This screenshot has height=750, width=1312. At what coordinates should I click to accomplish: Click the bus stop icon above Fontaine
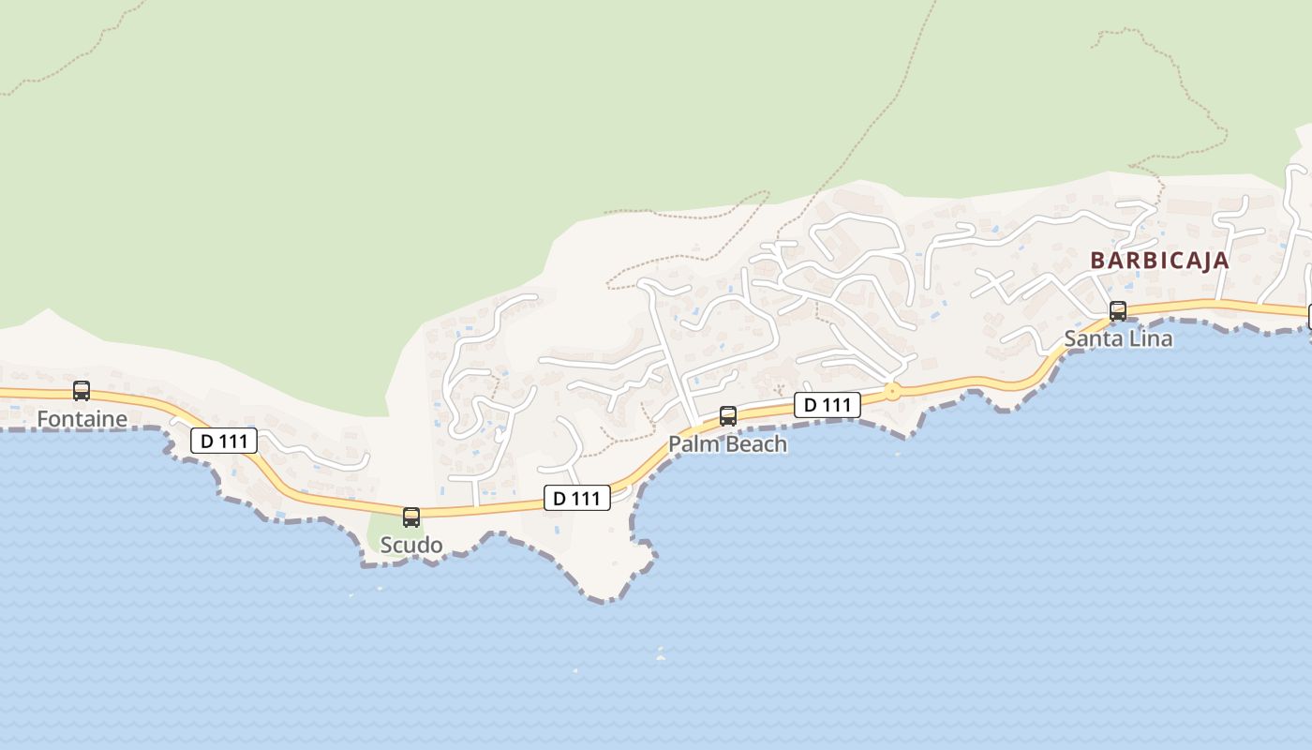click(82, 391)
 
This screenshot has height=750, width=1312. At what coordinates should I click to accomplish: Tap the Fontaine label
click(82, 419)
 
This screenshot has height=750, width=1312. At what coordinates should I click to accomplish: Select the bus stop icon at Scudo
click(411, 517)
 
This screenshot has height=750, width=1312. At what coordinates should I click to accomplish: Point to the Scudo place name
click(411, 545)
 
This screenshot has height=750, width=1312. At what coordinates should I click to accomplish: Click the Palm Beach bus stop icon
click(728, 416)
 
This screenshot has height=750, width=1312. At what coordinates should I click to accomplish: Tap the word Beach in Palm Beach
click(755, 444)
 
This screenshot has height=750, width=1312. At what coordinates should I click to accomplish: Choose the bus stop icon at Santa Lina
click(1118, 311)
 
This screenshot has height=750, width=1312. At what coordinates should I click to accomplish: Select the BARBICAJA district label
click(1159, 261)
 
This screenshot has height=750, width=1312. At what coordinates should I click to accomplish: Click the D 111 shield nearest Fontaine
click(224, 441)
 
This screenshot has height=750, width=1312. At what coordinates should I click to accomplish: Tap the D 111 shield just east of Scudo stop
click(577, 498)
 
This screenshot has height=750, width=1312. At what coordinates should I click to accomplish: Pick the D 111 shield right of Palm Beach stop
click(827, 405)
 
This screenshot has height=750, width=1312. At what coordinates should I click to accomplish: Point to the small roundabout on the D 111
click(892, 392)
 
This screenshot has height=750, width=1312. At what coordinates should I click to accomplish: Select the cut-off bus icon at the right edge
click(1308, 317)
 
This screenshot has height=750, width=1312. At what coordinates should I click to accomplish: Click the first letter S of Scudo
click(386, 545)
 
